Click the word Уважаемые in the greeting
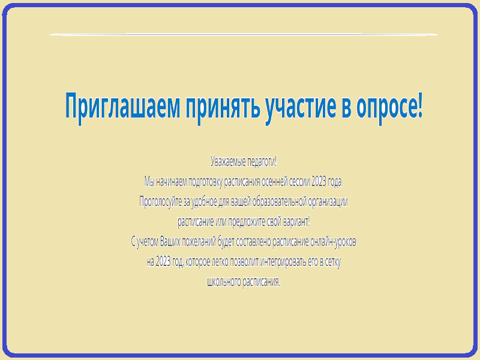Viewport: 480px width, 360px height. coord(228,161)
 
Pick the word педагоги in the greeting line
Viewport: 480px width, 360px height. coord(261,162)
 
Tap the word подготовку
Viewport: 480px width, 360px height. coord(205,182)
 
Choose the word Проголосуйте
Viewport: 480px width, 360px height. coord(161,202)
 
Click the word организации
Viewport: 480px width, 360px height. coord(328,202)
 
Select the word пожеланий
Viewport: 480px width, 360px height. coord(199,242)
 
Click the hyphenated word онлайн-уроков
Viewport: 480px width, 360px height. coord(333,242)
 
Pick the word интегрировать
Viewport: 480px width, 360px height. coord(283,262)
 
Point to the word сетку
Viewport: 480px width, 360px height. coord(333,262)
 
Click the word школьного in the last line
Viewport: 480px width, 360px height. coord(224,281)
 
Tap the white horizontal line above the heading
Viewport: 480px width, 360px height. coord(244,34)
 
